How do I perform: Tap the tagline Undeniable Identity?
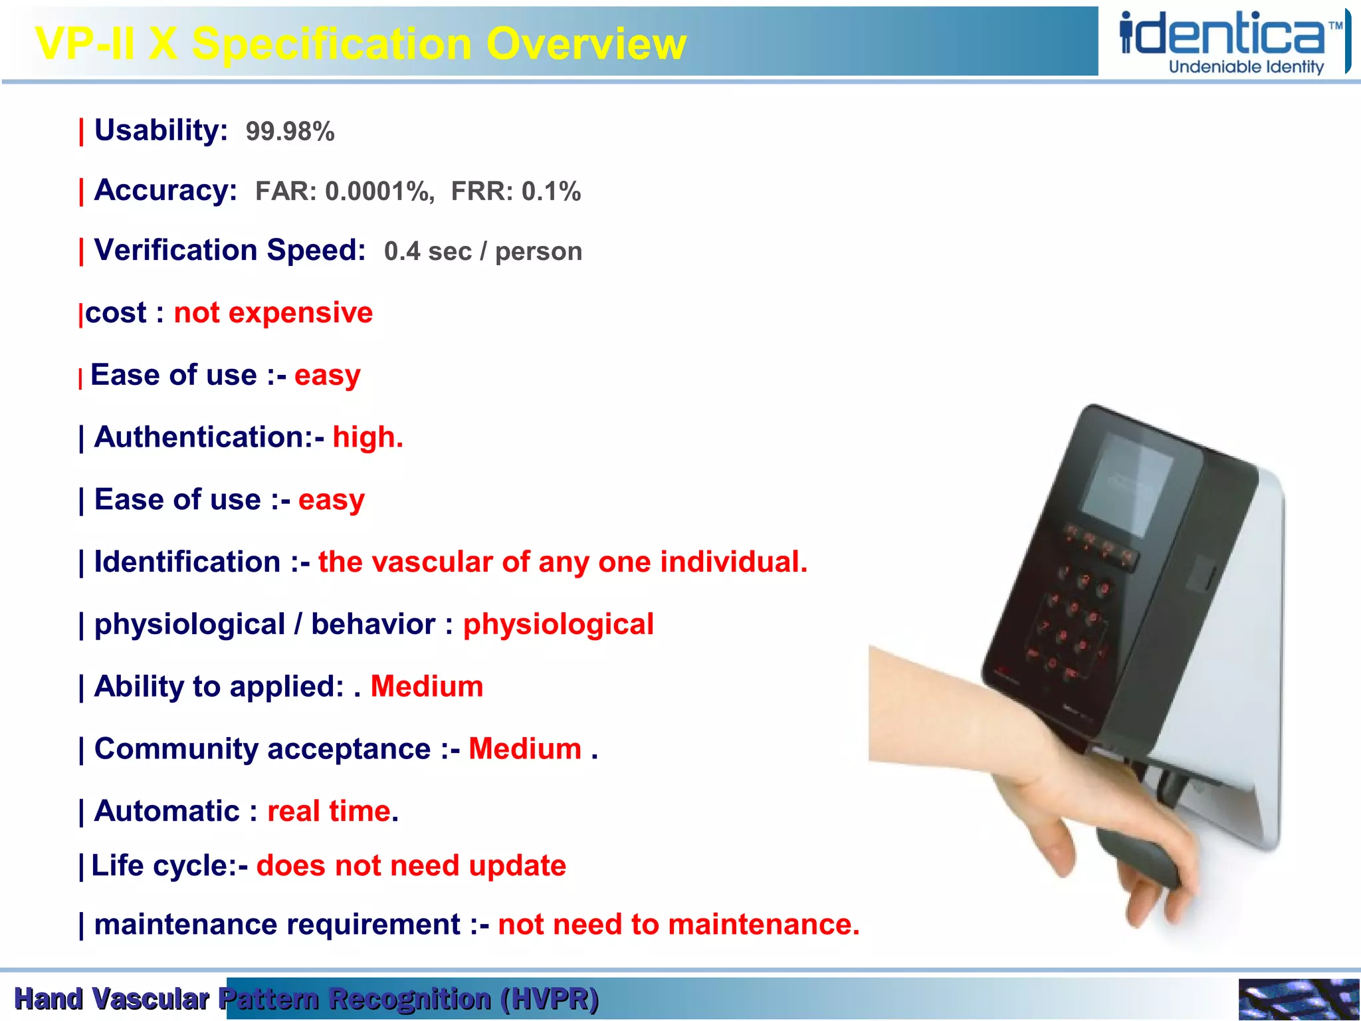1246,67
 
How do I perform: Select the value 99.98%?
290,132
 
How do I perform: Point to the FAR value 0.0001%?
379,191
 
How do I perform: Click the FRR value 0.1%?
551,191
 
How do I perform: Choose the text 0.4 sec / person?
482,251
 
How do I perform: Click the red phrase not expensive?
273,312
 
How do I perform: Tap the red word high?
367,437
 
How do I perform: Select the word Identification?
187,562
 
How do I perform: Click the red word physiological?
558,625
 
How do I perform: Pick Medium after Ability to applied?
427,687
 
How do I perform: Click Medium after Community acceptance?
525,749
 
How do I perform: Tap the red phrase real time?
329,812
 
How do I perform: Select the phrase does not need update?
411,866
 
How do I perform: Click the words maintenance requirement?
277,925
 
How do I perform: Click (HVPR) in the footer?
550,999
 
